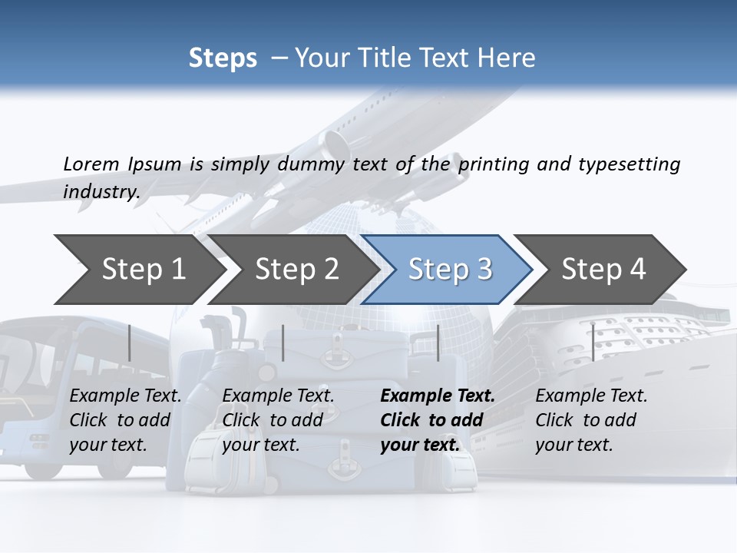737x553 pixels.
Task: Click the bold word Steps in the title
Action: [x=223, y=58]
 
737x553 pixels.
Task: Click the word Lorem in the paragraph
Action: [x=91, y=164]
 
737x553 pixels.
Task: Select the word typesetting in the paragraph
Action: [x=629, y=164]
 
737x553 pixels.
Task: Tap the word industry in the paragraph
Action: [x=101, y=191]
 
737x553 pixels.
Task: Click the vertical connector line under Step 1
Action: [x=130, y=343]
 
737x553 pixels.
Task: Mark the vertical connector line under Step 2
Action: [x=283, y=343]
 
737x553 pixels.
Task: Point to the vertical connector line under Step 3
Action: [x=438, y=343]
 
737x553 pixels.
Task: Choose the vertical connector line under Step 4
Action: [x=593, y=343]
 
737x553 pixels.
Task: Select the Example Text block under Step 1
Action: [x=125, y=420]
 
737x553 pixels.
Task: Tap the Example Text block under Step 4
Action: [x=591, y=420]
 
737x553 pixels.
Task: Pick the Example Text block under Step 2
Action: [x=278, y=420]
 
